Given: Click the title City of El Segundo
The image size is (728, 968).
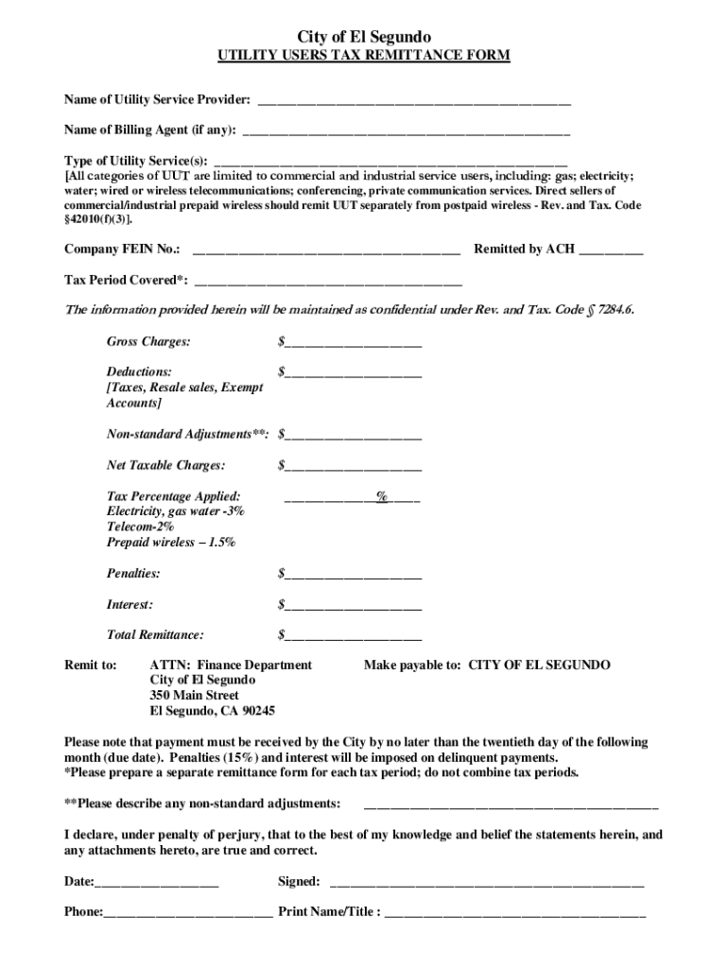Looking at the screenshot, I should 364,36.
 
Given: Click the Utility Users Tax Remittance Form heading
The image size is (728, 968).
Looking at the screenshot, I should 364,56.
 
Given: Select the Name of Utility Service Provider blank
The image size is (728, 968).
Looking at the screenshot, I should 413,98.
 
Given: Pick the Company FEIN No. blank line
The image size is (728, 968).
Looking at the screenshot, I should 326,250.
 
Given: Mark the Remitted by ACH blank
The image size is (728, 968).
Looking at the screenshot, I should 611,250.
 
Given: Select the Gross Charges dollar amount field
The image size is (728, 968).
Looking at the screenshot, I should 353,341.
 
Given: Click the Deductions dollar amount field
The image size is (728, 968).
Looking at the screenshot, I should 353,372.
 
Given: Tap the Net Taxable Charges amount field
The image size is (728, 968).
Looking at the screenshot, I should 353,466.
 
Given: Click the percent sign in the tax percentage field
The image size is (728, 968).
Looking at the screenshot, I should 382,496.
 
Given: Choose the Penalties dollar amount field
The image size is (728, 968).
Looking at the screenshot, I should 353,574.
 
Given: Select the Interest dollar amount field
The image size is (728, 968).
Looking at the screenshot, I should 353,605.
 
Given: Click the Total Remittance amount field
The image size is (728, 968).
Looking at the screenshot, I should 353,635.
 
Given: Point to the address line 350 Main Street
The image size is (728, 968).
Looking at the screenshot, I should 195,696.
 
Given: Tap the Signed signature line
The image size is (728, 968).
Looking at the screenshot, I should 485,883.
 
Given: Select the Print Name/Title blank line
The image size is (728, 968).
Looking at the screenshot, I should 515,913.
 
